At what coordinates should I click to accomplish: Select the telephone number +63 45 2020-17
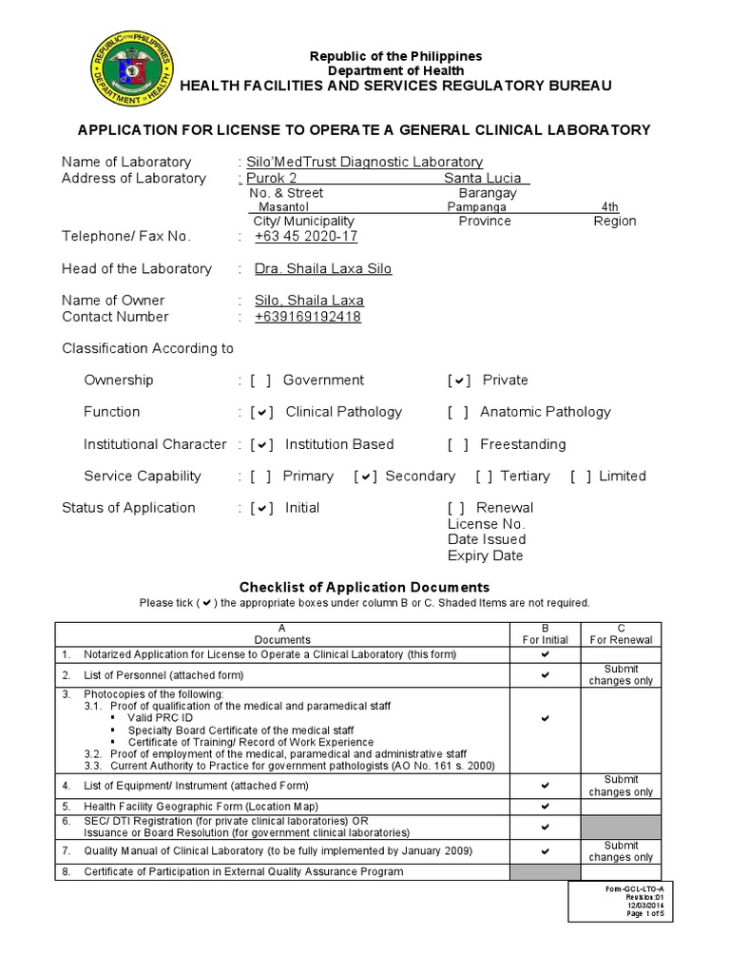306,237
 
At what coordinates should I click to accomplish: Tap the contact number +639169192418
307,317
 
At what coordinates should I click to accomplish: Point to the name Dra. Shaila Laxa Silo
323,269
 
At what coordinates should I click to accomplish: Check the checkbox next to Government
261,380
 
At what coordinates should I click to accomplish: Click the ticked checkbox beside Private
459,380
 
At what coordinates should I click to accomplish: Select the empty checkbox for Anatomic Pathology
459,412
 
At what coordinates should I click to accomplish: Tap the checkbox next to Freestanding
459,444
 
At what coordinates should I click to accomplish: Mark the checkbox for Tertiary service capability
484,477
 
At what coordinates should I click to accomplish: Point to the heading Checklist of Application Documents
364,587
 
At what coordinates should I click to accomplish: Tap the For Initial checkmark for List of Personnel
545,674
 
